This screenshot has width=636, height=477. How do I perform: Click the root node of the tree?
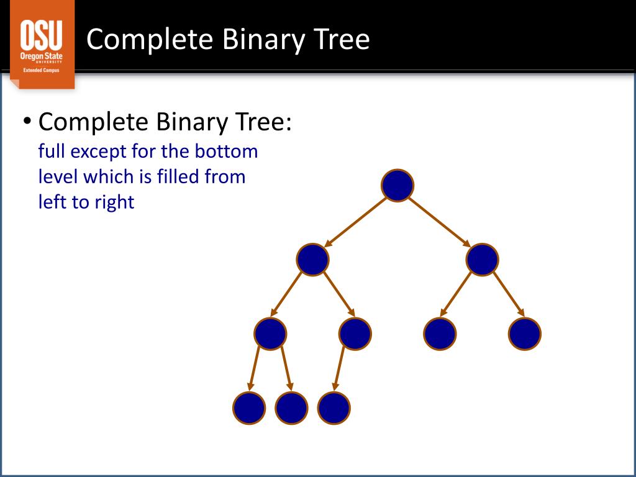pyautogui.click(x=397, y=186)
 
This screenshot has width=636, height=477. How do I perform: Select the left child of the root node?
pyautogui.click(x=312, y=260)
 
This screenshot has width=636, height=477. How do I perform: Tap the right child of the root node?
pyautogui.click(x=482, y=260)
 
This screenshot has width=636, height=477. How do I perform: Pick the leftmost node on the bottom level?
pyautogui.click(x=249, y=408)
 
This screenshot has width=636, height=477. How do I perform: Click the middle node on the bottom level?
pyautogui.click(x=291, y=408)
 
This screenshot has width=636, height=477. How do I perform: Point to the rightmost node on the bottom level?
pyautogui.click(x=334, y=408)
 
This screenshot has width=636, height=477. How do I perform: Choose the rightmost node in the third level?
pyautogui.click(x=524, y=334)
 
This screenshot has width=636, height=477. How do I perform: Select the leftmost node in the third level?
pyautogui.click(x=270, y=334)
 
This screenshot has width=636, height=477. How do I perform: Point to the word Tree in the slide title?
pyautogui.click(x=342, y=40)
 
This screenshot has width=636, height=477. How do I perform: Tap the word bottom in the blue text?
pyautogui.click(x=230, y=152)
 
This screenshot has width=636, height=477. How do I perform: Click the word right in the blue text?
pyautogui.click(x=114, y=202)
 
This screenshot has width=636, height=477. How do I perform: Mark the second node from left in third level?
pyautogui.click(x=355, y=334)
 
